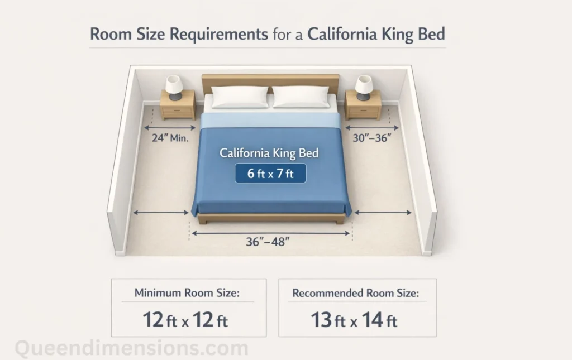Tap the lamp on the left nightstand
point(174,88)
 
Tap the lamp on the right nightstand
point(364,87)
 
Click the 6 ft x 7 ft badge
point(270,174)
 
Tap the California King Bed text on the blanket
point(269,152)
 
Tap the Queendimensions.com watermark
point(131,349)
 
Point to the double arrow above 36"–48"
point(270,233)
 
